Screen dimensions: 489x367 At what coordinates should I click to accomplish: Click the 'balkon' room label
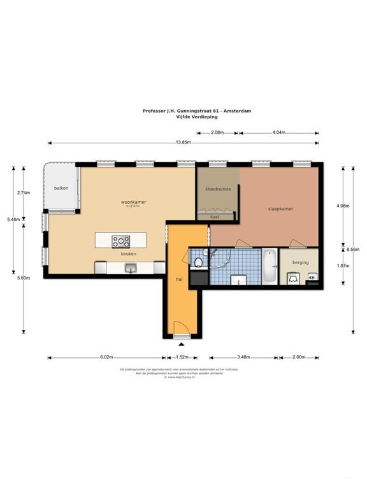coord(61,188)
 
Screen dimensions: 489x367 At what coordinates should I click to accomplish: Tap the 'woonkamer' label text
coord(133,202)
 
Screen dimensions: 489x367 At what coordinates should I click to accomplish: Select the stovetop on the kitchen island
coord(120,242)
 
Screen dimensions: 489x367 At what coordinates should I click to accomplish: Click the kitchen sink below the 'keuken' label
coord(131,269)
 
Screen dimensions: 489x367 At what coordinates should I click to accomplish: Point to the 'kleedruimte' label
coord(217,189)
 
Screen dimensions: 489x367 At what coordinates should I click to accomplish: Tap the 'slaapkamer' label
coord(280,208)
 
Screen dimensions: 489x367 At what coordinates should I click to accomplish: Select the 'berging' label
coord(301,262)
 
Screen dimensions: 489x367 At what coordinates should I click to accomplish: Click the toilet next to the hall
coord(199,262)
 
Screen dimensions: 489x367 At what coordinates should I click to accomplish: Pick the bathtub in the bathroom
coord(270,266)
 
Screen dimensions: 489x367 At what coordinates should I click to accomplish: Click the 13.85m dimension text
coord(183,142)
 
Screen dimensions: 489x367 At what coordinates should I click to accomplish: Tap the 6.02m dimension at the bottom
coord(105,357)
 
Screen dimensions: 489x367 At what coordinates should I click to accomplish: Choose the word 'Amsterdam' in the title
coord(237,110)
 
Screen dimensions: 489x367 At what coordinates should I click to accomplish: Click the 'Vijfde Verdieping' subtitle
coord(183,116)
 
